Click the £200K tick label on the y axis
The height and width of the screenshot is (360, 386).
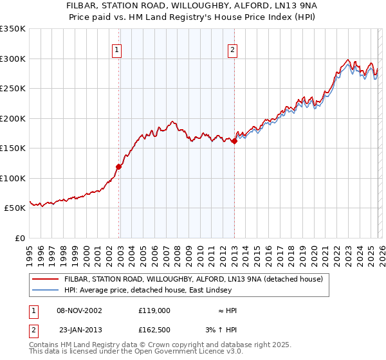pyautogui.click(x=13, y=118)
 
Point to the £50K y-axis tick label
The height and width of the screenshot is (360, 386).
pyautogui.click(x=15, y=208)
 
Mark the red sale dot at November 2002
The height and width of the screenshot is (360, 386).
pyautogui.click(x=118, y=167)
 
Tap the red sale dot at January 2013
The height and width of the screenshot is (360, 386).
pyautogui.click(x=234, y=141)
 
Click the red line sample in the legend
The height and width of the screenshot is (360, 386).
pyautogui.click(x=46, y=280)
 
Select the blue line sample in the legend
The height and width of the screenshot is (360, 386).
pyautogui.click(x=46, y=291)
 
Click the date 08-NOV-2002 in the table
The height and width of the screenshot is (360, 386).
pyautogui.click(x=79, y=310)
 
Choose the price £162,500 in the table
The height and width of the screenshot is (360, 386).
pyautogui.click(x=154, y=330)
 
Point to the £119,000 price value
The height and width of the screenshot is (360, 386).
pyautogui.click(x=154, y=310)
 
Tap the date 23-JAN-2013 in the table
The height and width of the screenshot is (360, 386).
pyautogui.click(x=79, y=330)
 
